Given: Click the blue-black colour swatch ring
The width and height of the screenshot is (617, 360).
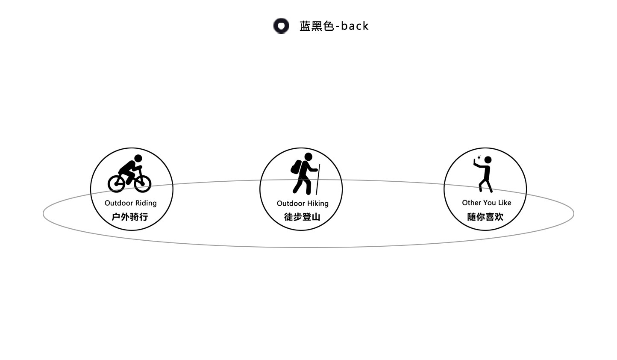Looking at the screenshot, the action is [281, 26].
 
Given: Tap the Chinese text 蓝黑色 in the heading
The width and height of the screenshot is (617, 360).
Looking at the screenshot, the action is [316, 26].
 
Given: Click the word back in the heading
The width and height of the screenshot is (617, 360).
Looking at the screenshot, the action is [355, 26].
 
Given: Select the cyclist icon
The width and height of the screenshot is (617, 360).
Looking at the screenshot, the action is [129, 174].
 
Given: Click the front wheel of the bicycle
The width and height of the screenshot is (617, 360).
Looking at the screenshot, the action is [143, 183].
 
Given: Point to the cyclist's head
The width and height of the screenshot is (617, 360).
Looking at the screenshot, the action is [138, 158].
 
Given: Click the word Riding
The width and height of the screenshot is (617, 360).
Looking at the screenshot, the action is [146, 203].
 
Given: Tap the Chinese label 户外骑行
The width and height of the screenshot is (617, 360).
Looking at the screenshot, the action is [130, 217].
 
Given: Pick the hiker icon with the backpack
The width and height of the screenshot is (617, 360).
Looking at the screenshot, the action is [304, 173].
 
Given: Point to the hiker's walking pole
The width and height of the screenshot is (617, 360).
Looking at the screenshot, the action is [318, 180].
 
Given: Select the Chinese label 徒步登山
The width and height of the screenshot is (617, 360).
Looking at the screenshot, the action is [302, 217].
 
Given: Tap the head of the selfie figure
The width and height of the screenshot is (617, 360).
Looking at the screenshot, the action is [488, 160].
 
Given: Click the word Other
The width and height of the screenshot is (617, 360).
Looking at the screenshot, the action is [471, 203].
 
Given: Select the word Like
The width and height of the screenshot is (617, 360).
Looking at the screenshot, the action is [504, 203].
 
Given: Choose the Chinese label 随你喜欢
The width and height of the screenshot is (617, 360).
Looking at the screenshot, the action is [485, 217].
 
